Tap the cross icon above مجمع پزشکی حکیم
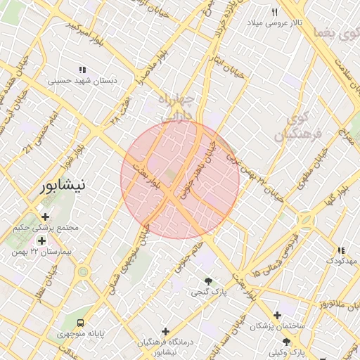click(x=46, y=217)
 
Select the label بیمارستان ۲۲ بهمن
click(x=41, y=251)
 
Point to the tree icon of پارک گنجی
click(x=207, y=280)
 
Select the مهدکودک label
click(x=341, y=261)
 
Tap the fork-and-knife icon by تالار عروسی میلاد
click(x=275, y=12)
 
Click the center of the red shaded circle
click(x=180, y=179)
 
